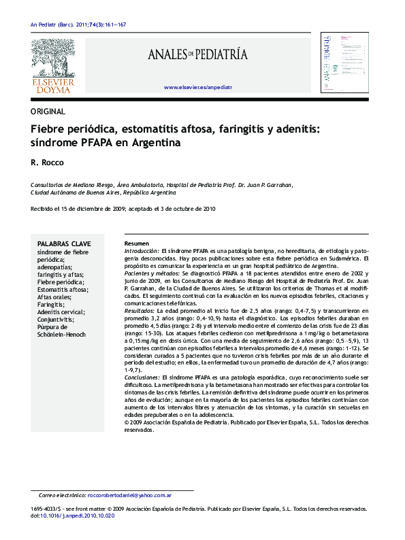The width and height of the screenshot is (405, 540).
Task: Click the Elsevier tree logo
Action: (x=54, y=58)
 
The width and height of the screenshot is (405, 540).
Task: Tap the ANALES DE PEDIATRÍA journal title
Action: (x=197, y=54)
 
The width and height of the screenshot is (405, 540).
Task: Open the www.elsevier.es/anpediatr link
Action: (x=198, y=88)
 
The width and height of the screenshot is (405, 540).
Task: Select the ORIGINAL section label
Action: (x=48, y=112)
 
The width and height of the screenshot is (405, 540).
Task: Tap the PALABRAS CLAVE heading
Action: (x=64, y=243)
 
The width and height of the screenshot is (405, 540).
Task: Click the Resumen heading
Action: (x=136, y=243)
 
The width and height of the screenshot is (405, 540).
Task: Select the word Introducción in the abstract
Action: (x=141, y=252)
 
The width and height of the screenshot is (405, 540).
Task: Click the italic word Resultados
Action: (x=139, y=310)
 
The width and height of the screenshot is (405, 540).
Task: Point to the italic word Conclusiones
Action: (x=142, y=376)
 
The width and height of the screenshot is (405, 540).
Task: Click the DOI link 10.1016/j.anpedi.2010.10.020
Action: (x=78, y=516)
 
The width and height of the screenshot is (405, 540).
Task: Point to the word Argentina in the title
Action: (x=152, y=144)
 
